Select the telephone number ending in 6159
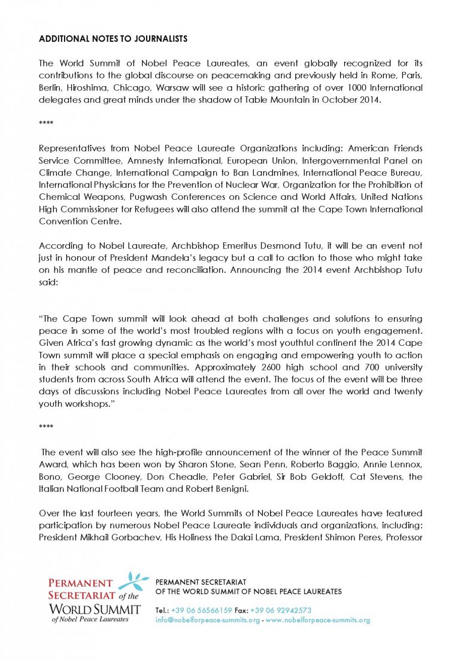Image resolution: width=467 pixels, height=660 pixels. [201, 610]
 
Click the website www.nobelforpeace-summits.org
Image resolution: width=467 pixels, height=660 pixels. [318, 620]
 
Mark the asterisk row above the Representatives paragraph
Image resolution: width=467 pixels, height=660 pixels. [46, 124]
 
